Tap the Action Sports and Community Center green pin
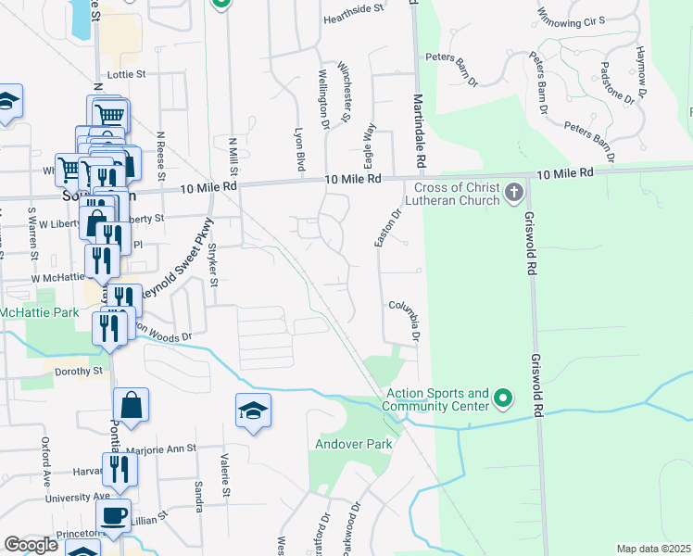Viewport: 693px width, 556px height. pos(503,399)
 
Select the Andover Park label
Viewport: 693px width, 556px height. pos(356,444)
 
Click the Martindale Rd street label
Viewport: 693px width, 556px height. pos(419,131)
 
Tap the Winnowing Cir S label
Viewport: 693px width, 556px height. pos(571,16)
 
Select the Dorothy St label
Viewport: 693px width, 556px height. pos(79,371)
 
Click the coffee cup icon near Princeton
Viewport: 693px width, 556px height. pos(114,515)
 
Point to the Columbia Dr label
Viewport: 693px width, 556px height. pos(409,318)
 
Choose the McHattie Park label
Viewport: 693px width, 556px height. pos(40,313)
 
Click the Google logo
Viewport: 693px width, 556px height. pos(31,545)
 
